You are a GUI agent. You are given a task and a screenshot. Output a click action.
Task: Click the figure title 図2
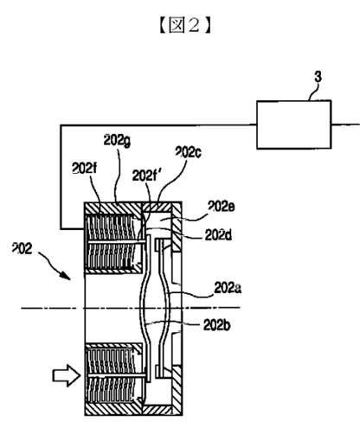click(x=185, y=25)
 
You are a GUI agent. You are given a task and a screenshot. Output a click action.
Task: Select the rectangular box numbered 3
click(x=294, y=125)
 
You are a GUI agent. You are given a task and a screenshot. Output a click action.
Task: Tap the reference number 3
click(x=318, y=77)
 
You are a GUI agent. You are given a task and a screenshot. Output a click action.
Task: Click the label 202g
click(x=117, y=141)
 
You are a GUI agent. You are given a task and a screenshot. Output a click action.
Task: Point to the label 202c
click(x=189, y=152)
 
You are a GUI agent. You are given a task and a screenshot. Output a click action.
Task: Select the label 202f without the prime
click(x=84, y=169)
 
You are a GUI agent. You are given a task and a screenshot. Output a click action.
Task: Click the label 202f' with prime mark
click(x=145, y=176)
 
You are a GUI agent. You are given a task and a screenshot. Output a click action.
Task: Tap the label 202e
click(x=222, y=207)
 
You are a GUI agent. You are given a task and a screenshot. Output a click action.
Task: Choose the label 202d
click(x=218, y=235)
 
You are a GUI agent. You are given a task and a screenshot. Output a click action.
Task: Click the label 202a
click(x=228, y=288)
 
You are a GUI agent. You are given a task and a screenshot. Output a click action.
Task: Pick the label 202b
click(x=217, y=326)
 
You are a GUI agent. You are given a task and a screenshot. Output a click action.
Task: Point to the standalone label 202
click(x=22, y=248)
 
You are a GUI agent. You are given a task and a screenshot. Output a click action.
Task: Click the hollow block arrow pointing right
click(x=67, y=375)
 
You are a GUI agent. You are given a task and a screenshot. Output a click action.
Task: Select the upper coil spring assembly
click(x=113, y=243)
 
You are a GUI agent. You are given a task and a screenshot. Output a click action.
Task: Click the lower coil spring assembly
click(x=113, y=375)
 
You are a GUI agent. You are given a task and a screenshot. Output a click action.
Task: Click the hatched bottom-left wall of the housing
click(x=113, y=409)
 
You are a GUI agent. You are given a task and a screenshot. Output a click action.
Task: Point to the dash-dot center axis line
click(x=131, y=308)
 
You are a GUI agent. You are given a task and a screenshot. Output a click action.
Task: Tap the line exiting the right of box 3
click(x=345, y=125)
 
